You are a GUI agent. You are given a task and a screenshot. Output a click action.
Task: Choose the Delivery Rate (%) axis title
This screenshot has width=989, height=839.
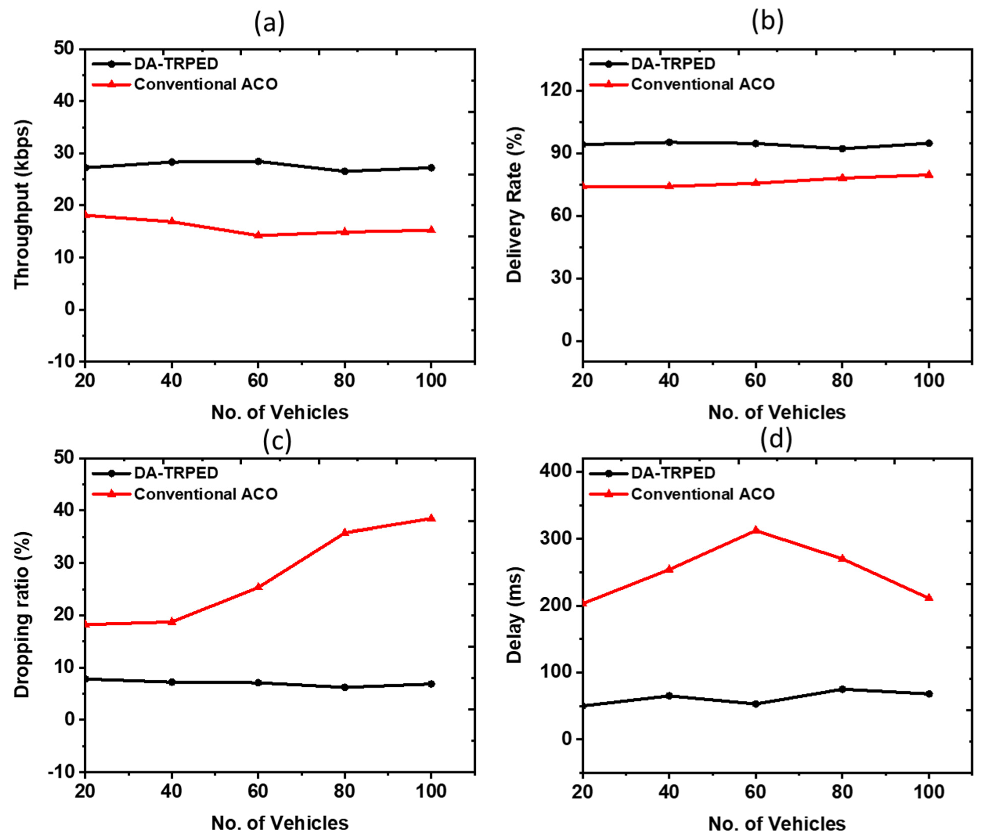pos(514,205)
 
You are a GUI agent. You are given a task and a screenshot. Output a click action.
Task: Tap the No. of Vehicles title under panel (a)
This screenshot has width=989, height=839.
pos(280,412)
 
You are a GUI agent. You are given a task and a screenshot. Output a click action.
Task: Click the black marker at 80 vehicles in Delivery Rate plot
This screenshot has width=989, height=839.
pos(842,148)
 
